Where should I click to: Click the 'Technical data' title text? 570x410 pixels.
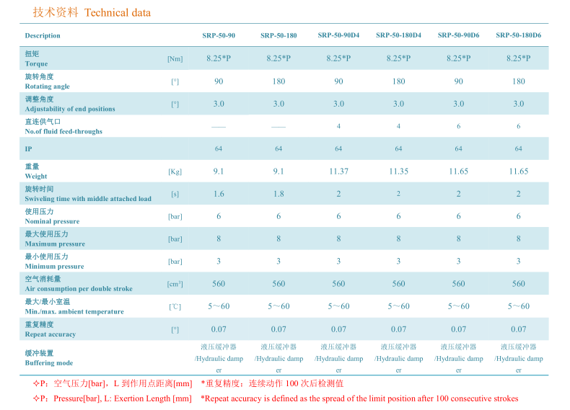[118, 13]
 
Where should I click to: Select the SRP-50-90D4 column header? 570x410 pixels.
[338, 35]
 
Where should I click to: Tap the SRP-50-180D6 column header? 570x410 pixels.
[518, 35]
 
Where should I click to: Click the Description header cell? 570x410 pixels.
[43, 35]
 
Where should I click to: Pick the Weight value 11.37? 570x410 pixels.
[338, 171]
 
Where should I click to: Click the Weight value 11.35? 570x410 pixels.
[398, 171]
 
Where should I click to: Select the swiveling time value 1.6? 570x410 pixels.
[219, 194]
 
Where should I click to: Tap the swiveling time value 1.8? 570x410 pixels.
[279, 194]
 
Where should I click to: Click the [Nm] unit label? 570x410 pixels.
[175, 59]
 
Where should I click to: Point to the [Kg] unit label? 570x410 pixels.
[175, 171]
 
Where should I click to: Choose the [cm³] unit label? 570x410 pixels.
[175, 284]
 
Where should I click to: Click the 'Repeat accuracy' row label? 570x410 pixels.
[50, 334]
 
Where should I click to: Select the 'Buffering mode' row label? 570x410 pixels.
[48, 363]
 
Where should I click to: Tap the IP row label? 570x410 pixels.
[28, 149]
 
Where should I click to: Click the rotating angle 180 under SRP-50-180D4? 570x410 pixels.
[398, 81]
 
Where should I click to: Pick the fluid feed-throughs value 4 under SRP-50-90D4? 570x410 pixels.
[338, 127]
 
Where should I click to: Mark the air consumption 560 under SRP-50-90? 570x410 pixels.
[219, 284]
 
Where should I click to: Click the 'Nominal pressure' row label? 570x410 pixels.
[52, 221]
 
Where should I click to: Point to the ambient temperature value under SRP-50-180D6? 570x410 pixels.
[518, 306]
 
